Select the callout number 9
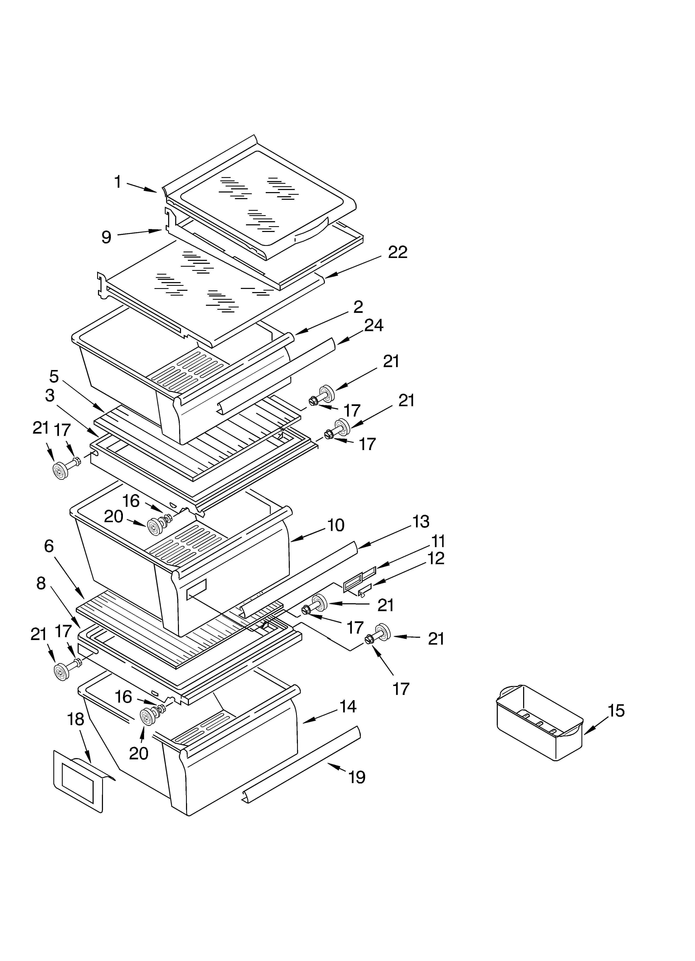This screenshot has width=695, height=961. [x=106, y=237]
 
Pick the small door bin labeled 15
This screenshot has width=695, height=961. [x=540, y=722]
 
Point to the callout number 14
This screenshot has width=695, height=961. [x=348, y=706]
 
